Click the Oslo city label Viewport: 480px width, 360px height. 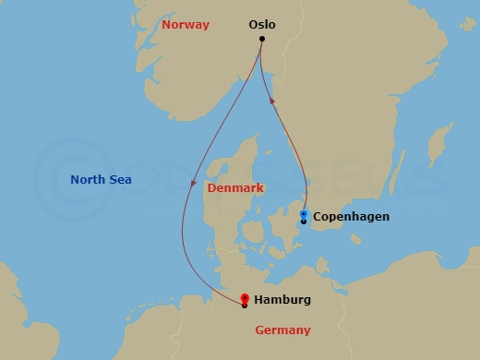(262, 25)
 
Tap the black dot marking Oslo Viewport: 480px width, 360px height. (262, 39)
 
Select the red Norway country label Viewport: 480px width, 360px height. (186, 25)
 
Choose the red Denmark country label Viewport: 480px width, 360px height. (235, 187)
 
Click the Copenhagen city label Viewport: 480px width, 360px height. (351, 217)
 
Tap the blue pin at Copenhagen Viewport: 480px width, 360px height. (304, 215)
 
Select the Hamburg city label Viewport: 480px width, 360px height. (282, 300)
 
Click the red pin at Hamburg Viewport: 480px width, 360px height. (244, 299)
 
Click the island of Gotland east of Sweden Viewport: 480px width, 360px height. (437, 143)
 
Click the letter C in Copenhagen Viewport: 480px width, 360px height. (318, 217)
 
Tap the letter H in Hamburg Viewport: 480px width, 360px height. (258, 300)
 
